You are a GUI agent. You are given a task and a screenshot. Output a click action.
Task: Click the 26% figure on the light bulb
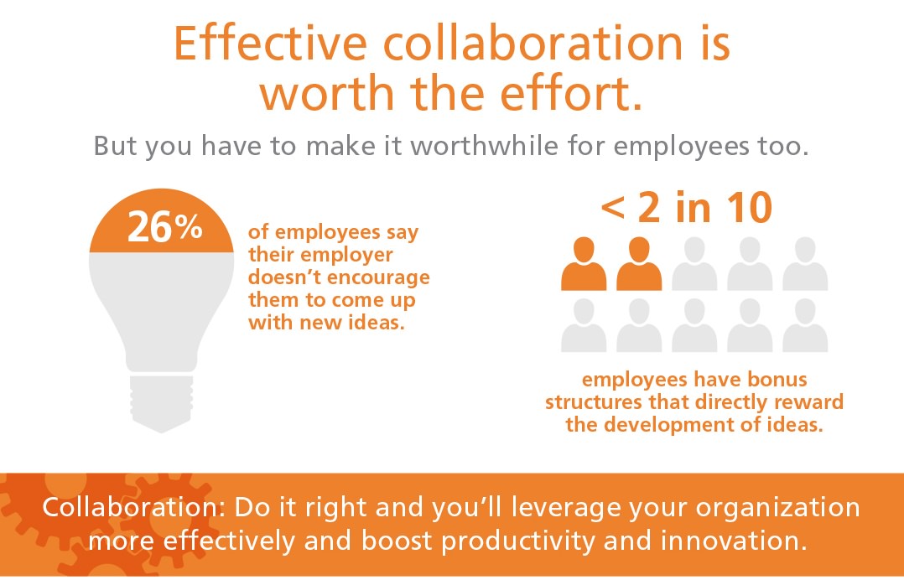click(x=165, y=226)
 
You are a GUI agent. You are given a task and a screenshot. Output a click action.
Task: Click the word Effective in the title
click(x=270, y=44)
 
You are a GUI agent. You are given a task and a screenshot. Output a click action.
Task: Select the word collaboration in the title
click(x=533, y=44)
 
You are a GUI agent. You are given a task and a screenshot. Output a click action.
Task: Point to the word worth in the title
click(x=327, y=94)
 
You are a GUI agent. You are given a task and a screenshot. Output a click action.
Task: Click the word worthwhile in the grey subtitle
click(x=485, y=146)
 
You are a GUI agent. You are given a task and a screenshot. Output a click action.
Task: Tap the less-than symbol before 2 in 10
click(x=613, y=209)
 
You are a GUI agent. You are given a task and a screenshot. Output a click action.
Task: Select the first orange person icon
click(x=584, y=263)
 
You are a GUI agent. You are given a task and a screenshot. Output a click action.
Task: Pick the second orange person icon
click(x=639, y=263)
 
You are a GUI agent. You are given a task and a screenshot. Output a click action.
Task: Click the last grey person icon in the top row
click(x=805, y=263)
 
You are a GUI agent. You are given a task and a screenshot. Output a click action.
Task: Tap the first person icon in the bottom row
click(x=584, y=325)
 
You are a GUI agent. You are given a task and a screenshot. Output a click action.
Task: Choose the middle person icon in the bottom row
click(x=694, y=325)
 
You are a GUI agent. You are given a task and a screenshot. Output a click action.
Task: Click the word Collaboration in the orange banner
click(x=129, y=507)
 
